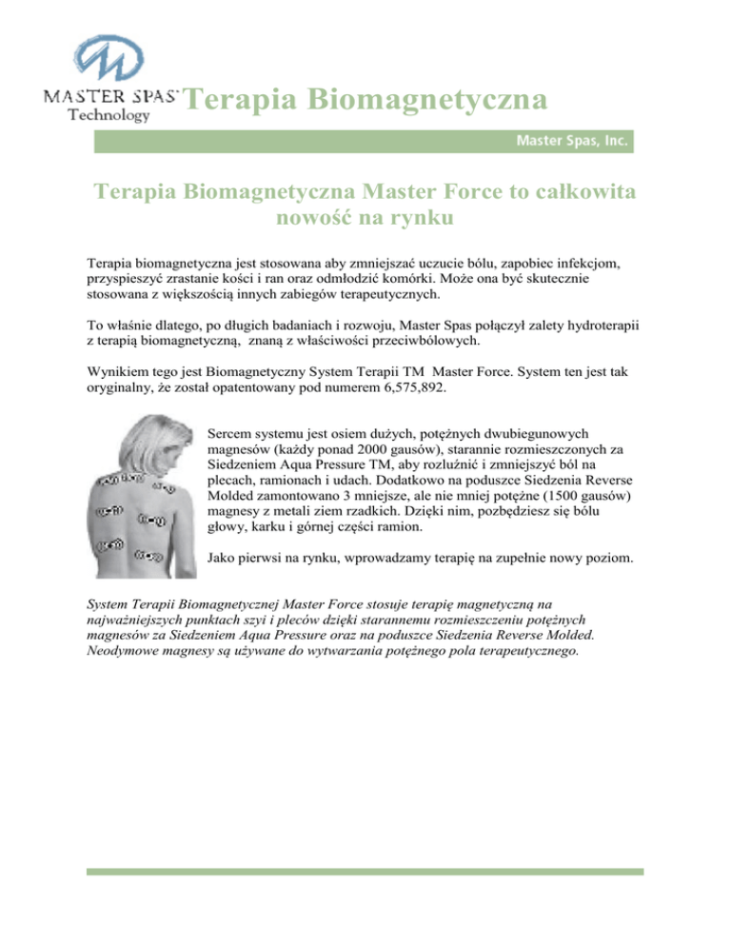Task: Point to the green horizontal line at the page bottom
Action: tap(365, 871)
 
